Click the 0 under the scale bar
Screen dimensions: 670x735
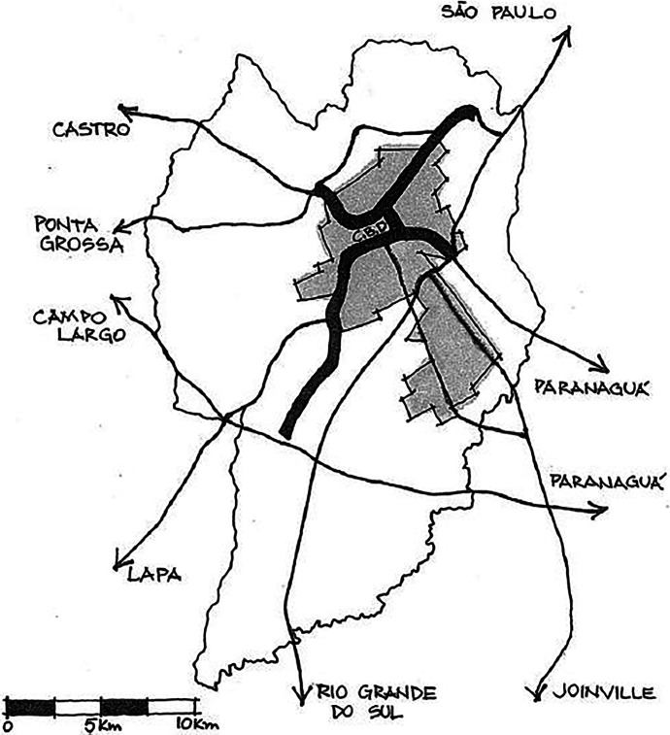8,724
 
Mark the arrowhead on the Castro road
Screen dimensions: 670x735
121,108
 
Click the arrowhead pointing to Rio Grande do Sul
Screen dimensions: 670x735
299,693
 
